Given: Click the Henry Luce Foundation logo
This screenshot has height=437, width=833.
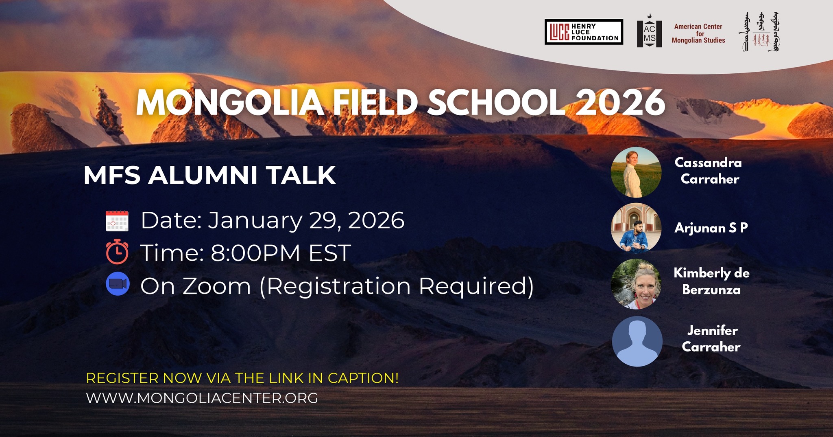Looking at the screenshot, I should (x=584, y=32).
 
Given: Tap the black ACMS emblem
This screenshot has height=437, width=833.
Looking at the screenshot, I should (x=649, y=33).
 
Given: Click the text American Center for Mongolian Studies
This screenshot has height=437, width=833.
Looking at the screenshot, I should (x=698, y=33).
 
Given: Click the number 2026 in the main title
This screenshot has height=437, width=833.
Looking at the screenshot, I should (x=620, y=102).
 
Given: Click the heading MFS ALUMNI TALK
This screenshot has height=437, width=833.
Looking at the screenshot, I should (x=209, y=176).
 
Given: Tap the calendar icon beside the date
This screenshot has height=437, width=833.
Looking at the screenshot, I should (x=117, y=221).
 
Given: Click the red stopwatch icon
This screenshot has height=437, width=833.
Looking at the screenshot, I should (x=117, y=252).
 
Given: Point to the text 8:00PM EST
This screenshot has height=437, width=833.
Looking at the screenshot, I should (x=281, y=253).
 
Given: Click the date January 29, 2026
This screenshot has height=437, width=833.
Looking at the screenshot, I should (x=306, y=221).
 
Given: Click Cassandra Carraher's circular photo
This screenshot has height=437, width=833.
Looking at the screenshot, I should (x=636, y=172).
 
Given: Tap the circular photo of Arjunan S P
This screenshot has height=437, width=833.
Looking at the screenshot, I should (x=636, y=228).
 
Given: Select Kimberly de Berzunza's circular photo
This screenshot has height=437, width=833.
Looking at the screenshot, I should (x=636, y=284).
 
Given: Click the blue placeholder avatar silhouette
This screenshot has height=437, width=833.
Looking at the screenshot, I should (x=637, y=341).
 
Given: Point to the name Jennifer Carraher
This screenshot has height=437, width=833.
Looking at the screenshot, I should (x=711, y=338).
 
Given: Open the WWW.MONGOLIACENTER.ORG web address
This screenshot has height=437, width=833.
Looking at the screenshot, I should (x=202, y=398).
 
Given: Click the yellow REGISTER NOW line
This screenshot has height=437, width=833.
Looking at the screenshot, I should (x=242, y=378).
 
